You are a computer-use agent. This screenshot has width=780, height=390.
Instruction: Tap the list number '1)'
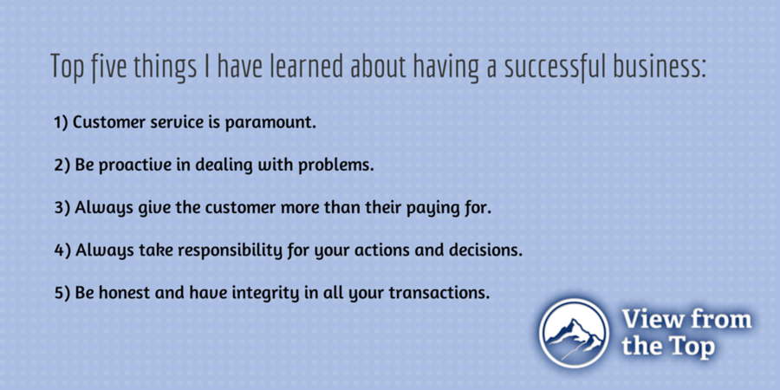point(61,122)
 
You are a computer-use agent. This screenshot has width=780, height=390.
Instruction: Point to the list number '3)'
point(62,207)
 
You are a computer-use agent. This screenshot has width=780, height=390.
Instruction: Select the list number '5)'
point(62,293)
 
